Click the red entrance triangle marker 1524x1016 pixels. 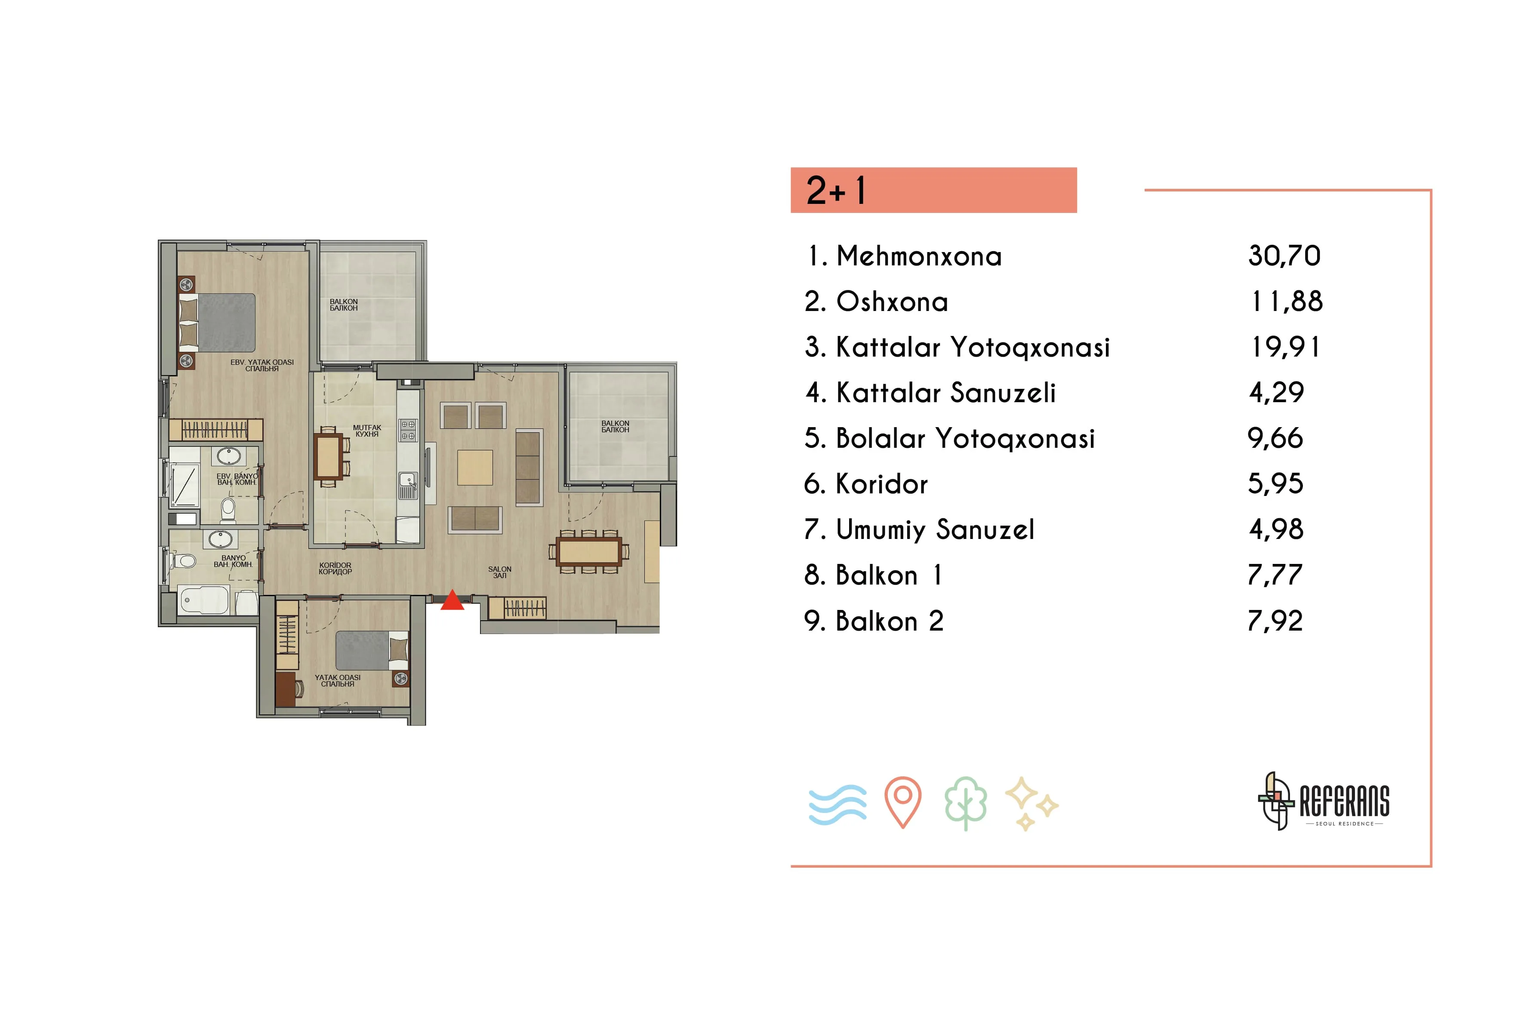tap(452, 600)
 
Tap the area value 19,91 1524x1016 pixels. tap(1286, 347)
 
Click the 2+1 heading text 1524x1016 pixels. tap(836, 191)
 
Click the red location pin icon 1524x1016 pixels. tap(902, 802)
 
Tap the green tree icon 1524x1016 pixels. tap(966, 804)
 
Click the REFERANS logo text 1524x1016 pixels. tap(1345, 801)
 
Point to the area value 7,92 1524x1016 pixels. tap(1275, 621)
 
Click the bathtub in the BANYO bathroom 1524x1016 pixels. tap(204, 600)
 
